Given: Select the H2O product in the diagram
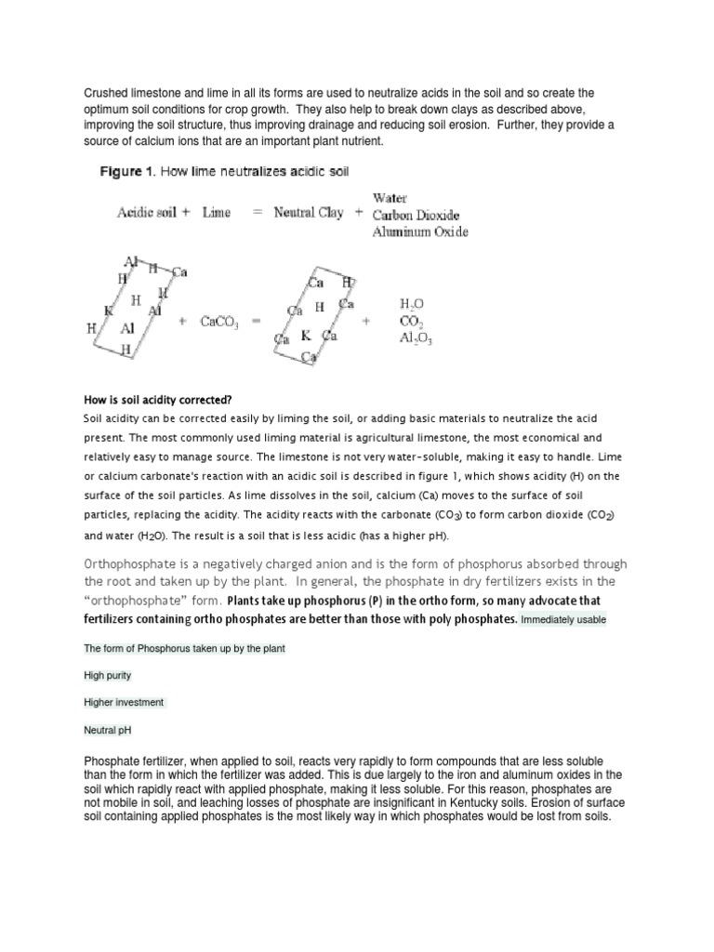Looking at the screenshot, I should [x=412, y=304].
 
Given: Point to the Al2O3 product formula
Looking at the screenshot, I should [x=416, y=338].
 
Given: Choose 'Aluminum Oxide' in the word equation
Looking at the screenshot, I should [x=419, y=231].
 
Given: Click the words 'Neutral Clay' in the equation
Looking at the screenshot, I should [x=308, y=212].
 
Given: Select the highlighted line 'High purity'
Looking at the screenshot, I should [x=107, y=675].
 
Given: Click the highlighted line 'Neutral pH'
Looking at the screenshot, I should [x=105, y=731].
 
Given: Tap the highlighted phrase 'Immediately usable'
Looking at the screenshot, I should [x=562, y=619].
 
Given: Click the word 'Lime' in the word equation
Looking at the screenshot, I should [x=216, y=212].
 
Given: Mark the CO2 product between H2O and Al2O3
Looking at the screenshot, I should [x=411, y=322].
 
